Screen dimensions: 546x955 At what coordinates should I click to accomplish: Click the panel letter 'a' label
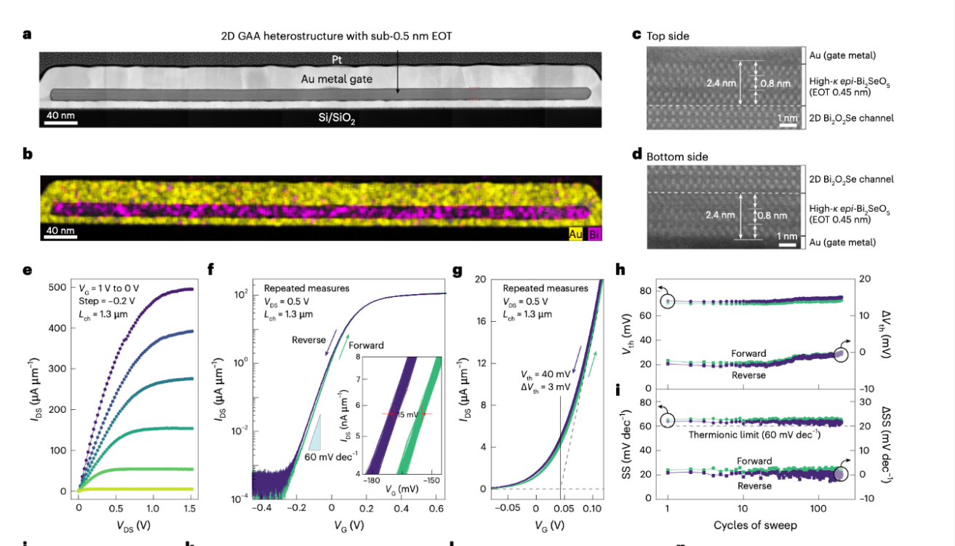tap(27, 33)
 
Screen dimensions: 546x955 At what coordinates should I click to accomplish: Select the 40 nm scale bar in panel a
tap(60, 120)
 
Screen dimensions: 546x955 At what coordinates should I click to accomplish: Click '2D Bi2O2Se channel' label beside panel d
tap(852, 179)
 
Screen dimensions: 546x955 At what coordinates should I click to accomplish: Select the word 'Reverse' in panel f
tap(309, 340)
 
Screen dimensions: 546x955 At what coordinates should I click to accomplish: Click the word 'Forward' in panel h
tap(748, 354)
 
